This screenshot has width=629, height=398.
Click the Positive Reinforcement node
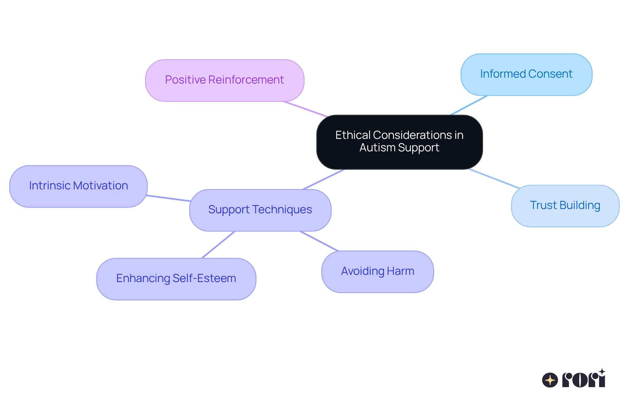coord(225,81)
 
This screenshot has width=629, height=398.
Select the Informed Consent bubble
coord(526,75)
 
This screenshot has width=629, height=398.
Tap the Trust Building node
coord(565,206)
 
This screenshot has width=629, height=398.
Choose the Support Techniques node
coord(260,210)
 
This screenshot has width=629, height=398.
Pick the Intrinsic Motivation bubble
coord(78,186)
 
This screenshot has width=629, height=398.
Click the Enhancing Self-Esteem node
coord(176,279)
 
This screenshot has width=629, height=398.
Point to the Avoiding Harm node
coord(377,272)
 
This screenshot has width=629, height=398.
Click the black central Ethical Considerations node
coord(399,142)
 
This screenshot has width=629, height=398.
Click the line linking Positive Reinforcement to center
coord(305,109)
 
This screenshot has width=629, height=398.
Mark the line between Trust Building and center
coord(494,179)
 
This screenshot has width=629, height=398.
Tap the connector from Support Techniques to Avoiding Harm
coord(319,241)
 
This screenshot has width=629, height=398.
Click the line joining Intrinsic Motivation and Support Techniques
coord(168,198)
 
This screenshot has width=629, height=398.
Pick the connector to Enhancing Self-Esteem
coord(218,245)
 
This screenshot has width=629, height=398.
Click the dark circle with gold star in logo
coord(550,380)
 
